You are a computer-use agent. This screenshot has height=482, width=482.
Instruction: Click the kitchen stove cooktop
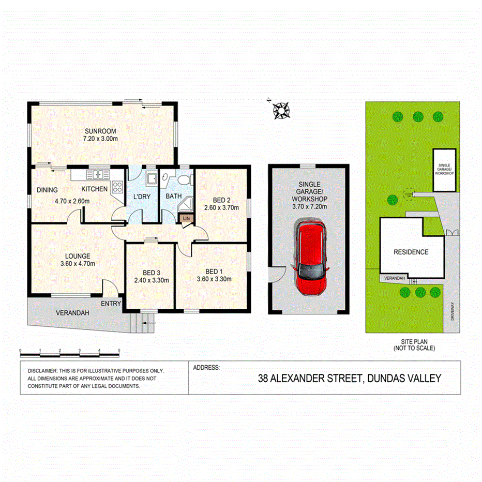tap(117, 188)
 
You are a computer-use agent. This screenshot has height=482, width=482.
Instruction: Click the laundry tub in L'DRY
tap(151, 179)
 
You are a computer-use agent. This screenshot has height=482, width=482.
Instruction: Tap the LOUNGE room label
tap(78, 255)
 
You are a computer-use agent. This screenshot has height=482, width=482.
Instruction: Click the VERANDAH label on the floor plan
tap(72, 313)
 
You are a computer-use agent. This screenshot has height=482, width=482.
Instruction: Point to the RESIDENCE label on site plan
tap(411, 252)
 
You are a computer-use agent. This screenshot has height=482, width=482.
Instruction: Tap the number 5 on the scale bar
tap(119, 351)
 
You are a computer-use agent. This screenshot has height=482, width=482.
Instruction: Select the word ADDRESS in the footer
tap(206, 368)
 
